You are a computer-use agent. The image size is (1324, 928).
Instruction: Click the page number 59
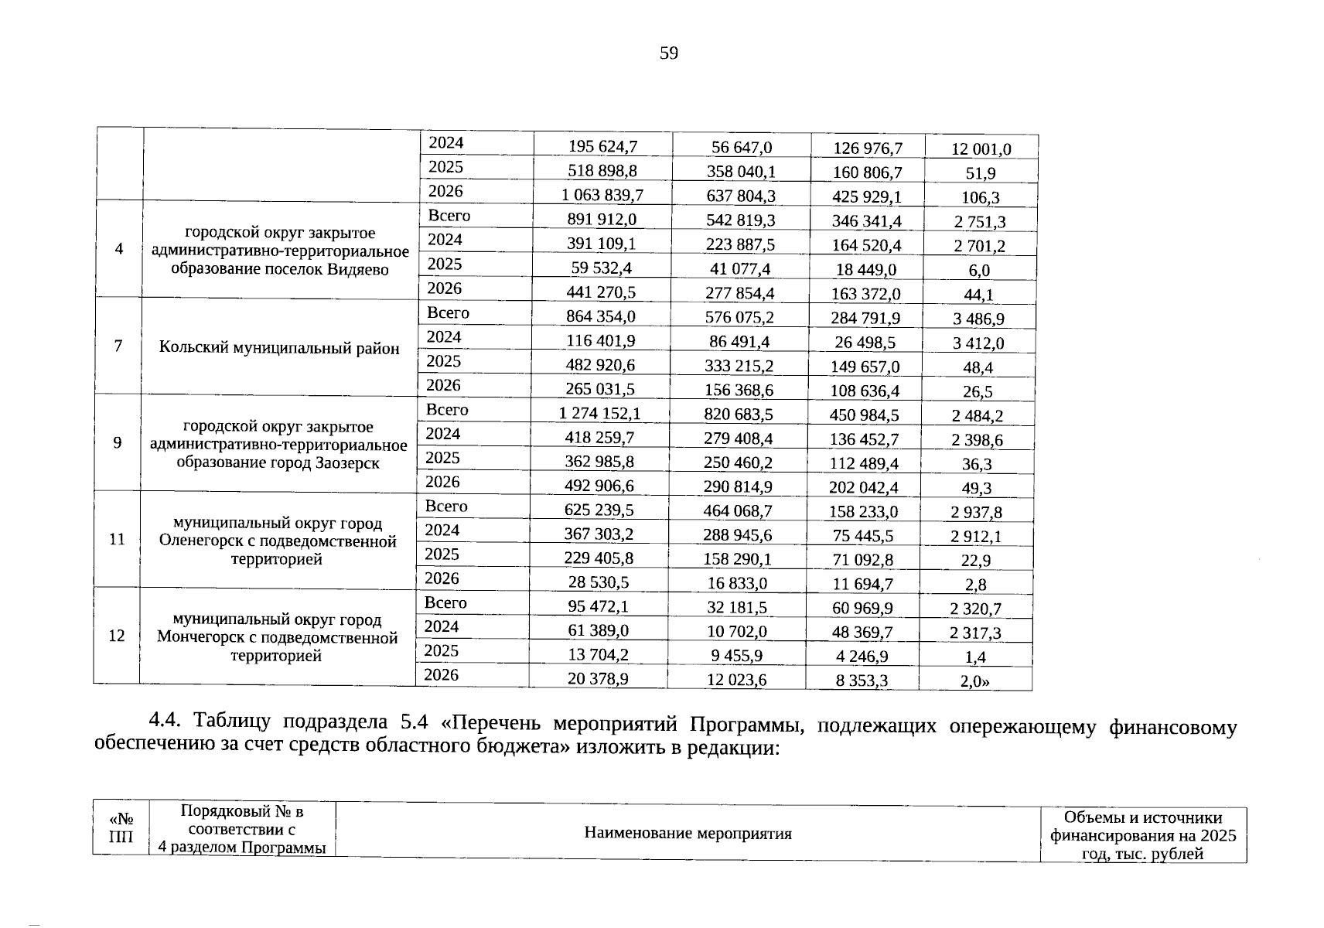(x=669, y=53)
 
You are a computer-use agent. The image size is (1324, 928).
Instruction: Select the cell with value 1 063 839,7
(x=602, y=195)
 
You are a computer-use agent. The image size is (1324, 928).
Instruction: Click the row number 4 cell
(x=118, y=249)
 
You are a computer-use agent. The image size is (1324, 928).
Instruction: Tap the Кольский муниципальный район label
(x=279, y=347)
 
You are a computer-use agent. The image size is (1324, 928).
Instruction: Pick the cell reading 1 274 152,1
(x=599, y=414)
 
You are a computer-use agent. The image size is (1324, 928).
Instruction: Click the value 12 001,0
(x=981, y=148)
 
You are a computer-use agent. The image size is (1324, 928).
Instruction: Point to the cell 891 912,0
(x=602, y=220)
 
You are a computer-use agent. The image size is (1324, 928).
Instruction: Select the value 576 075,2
(x=739, y=317)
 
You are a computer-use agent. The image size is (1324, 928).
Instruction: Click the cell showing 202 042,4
(x=864, y=487)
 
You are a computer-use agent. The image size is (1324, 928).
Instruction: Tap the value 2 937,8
(x=976, y=512)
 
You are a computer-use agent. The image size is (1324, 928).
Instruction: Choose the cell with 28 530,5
(x=599, y=582)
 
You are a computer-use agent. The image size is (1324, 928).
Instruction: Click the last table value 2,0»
(x=974, y=681)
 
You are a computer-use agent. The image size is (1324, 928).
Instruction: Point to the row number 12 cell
(x=117, y=636)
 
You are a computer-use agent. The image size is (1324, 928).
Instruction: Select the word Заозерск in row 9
(x=347, y=463)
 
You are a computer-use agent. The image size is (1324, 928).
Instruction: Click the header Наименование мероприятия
(x=688, y=834)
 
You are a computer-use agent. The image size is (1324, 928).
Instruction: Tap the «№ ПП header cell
(x=121, y=828)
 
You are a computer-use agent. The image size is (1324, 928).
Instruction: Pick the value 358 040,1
(x=741, y=171)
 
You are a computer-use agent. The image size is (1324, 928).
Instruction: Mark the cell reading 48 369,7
(x=862, y=632)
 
